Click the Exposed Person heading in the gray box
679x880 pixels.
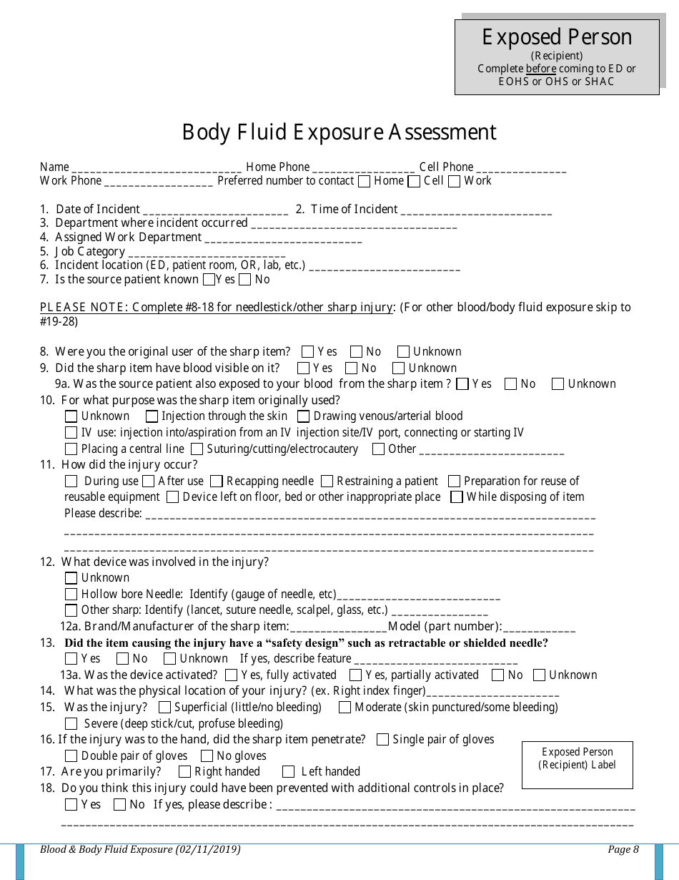(x=557, y=37)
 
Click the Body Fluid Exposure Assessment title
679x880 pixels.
(x=339, y=132)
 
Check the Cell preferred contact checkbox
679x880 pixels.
(x=414, y=182)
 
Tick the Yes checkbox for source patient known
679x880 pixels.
(x=209, y=280)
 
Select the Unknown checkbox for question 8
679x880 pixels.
(x=403, y=352)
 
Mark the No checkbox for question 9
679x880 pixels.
(x=351, y=368)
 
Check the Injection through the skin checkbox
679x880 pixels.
(x=152, y=416)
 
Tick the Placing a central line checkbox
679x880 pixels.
(x=71, y=449)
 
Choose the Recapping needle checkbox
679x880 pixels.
(x=217, y=481)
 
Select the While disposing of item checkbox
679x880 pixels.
(x=456, y=497)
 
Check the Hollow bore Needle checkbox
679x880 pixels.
(x=71, y=595)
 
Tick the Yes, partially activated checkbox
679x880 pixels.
(x=355, y=675)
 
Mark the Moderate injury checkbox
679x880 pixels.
(x=345, y=708)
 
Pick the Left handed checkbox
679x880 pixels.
(x=288, y=772)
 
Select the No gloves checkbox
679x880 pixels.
(x=207, y=756)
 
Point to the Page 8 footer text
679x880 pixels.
(x=623, y=850)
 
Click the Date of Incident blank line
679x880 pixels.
(x=215, y=210)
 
